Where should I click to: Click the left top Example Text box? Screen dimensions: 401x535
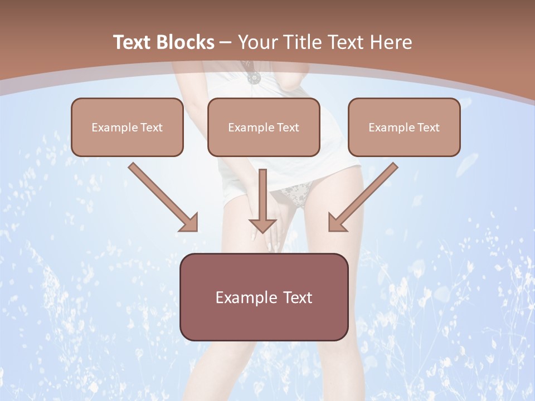(127, 127)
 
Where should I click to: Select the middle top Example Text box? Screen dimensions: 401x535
(264, 127)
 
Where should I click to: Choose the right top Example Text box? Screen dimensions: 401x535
(404, 127)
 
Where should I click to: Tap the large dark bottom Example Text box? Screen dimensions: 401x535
(264, 297)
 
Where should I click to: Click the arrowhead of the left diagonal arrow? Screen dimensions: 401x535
(190, 223)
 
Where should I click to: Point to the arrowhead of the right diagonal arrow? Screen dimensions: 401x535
(336, 223)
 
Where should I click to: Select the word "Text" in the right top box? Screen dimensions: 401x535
(428, 128)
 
